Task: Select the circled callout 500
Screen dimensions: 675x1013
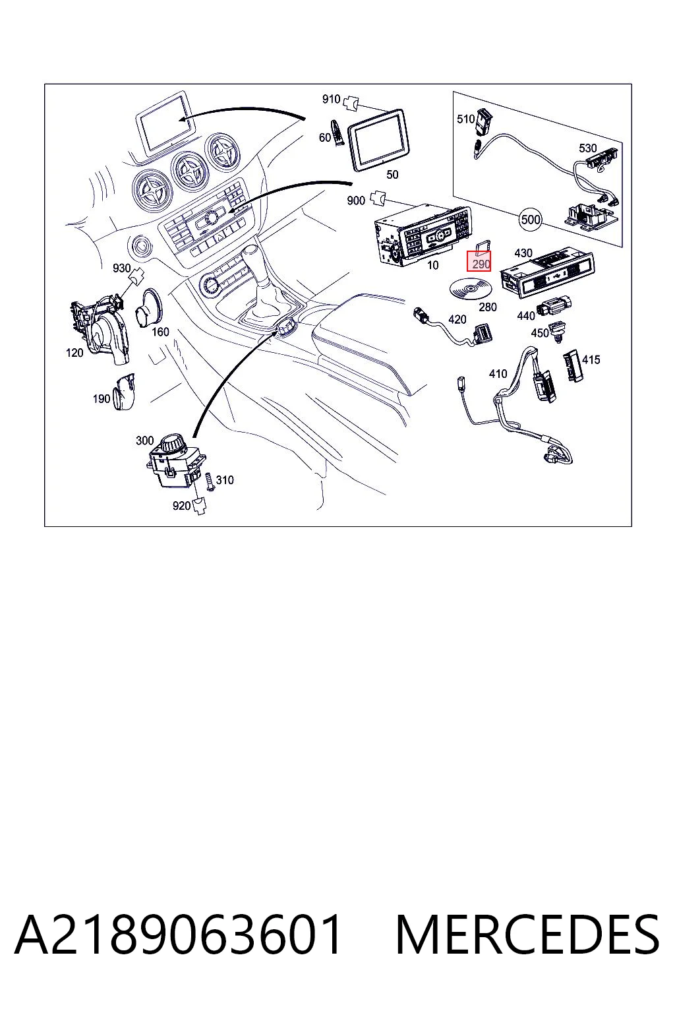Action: (x=531, y=220)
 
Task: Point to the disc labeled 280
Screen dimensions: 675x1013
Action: (x=470, y=290)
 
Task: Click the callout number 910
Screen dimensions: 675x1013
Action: (x=331, y=98)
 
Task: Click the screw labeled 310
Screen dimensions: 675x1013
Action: (x=209, y=481)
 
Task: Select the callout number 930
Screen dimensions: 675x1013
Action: (x=121, y=268)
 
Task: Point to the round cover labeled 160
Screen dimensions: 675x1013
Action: (x=148, y=309)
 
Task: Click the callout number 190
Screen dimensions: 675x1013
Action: (x=102, y=399)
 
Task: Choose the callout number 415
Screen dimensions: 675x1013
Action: (x=591, y=360)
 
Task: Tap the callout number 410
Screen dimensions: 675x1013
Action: (x=498, y=374)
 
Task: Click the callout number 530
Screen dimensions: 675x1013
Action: (x=588, y=148)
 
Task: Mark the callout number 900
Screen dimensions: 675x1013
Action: (x=356, y=200)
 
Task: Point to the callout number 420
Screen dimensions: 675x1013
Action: (x=457, y=320)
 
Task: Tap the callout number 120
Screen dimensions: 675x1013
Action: (x=74, y=353)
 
